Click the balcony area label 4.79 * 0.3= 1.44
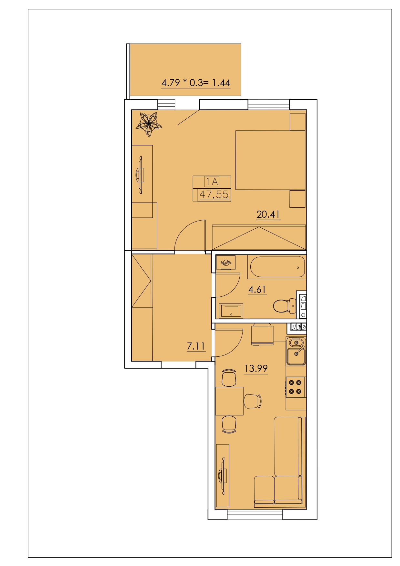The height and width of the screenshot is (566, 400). tap(196, 83)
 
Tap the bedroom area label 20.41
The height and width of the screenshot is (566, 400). tap(268, 214)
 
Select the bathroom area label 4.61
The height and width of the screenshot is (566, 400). tap(257, 289)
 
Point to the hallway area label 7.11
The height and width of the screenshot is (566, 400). tap(196, 346)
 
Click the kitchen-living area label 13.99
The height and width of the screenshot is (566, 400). tap(256, 368)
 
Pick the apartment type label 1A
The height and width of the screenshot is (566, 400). tap(212, 182)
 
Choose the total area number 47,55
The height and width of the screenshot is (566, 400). tap(214, 194)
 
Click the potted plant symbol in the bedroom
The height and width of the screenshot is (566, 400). tap(149, 124)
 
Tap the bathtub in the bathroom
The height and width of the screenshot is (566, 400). tap(277, 267)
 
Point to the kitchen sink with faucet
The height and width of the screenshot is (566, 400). tap(296, 351)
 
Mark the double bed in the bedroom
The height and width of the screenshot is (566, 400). tap(270, 160)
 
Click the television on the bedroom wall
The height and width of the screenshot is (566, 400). tap(139, 175)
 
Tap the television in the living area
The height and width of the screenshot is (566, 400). tap(223, 476)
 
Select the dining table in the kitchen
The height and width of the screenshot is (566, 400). tap(229, 401)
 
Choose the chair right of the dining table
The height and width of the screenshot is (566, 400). tap(253, 401)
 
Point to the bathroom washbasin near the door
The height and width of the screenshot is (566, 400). tap(231, 310)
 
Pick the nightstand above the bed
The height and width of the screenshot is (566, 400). tap(297, 122)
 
